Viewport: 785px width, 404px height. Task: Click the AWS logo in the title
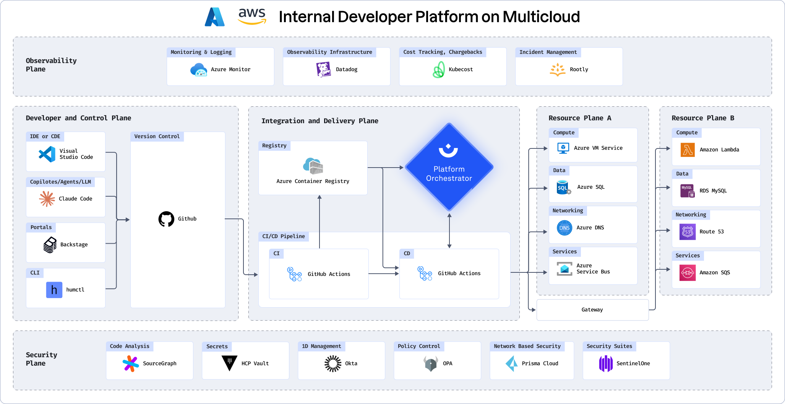(252, 16)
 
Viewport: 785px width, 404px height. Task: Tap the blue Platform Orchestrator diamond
(449, 167)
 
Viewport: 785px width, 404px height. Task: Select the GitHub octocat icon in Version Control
(166, 219)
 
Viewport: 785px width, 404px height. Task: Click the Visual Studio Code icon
(47, 154)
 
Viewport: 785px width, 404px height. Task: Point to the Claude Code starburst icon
(47, 199)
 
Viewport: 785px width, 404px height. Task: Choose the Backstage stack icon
(50, 245)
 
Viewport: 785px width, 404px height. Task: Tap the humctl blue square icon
(54, 290)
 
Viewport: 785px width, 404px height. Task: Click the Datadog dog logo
(323, 70)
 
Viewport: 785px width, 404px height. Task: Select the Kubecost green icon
(439, 70)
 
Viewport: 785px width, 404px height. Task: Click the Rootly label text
(579, 69)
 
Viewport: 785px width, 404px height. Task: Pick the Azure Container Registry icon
(313, 166)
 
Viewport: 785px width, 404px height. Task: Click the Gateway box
(593, 310)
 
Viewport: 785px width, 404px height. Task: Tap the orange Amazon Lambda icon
(688, 150)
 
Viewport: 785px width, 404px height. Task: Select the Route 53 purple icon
(688, 232)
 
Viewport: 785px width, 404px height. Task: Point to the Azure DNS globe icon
(564, 228)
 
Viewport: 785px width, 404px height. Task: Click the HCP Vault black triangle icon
(229, 363)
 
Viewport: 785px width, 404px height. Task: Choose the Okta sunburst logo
(333, 363)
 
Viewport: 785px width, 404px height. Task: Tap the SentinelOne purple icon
(606, 363)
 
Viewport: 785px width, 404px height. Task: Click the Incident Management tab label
(548, 52)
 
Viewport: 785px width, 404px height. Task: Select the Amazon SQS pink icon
(688, 273)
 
